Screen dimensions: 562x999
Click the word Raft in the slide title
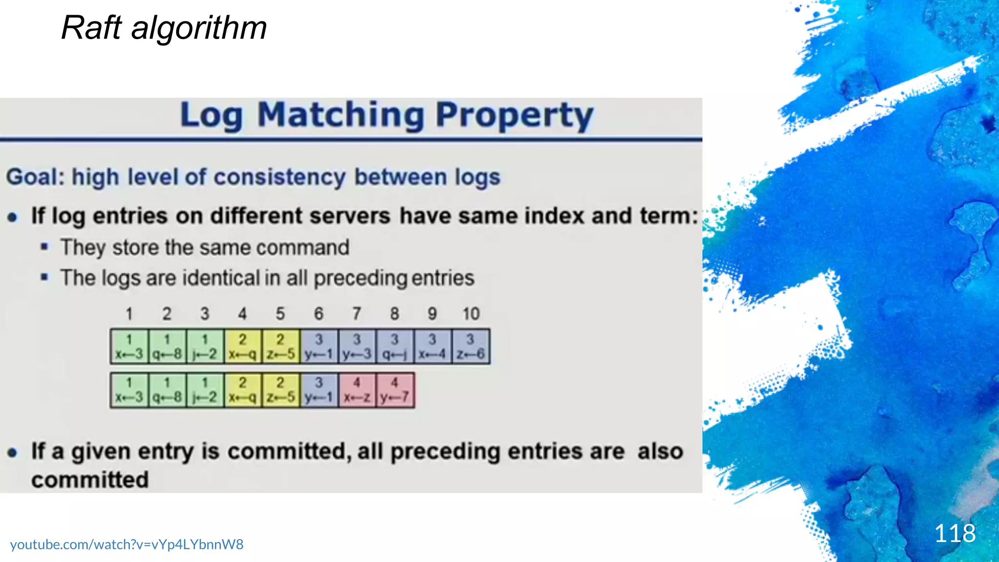pos(91,28)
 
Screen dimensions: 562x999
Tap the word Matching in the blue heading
pos(340,116)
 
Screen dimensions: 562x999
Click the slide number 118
pos(955,533)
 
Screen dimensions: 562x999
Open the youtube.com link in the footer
pos(126,544)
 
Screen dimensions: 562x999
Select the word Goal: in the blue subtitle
pos(36,177)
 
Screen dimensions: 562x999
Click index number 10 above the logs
pos(471,314)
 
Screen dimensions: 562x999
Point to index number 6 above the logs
pos(319,314)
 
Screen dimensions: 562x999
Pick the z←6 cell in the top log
pos(471,347)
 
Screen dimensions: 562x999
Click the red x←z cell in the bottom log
pos(357,390)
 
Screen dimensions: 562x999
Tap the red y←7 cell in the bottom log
pos(395,390)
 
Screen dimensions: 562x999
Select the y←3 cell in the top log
pos(357,347)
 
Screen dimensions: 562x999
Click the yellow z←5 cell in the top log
pos(280,347)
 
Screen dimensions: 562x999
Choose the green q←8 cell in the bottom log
pos(167,390)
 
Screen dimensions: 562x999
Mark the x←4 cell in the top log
pos(432,347)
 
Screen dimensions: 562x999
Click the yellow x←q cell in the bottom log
pos(242,390)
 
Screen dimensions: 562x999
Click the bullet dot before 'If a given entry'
pos(13,453)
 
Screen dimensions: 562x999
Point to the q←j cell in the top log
pos(395,347)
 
